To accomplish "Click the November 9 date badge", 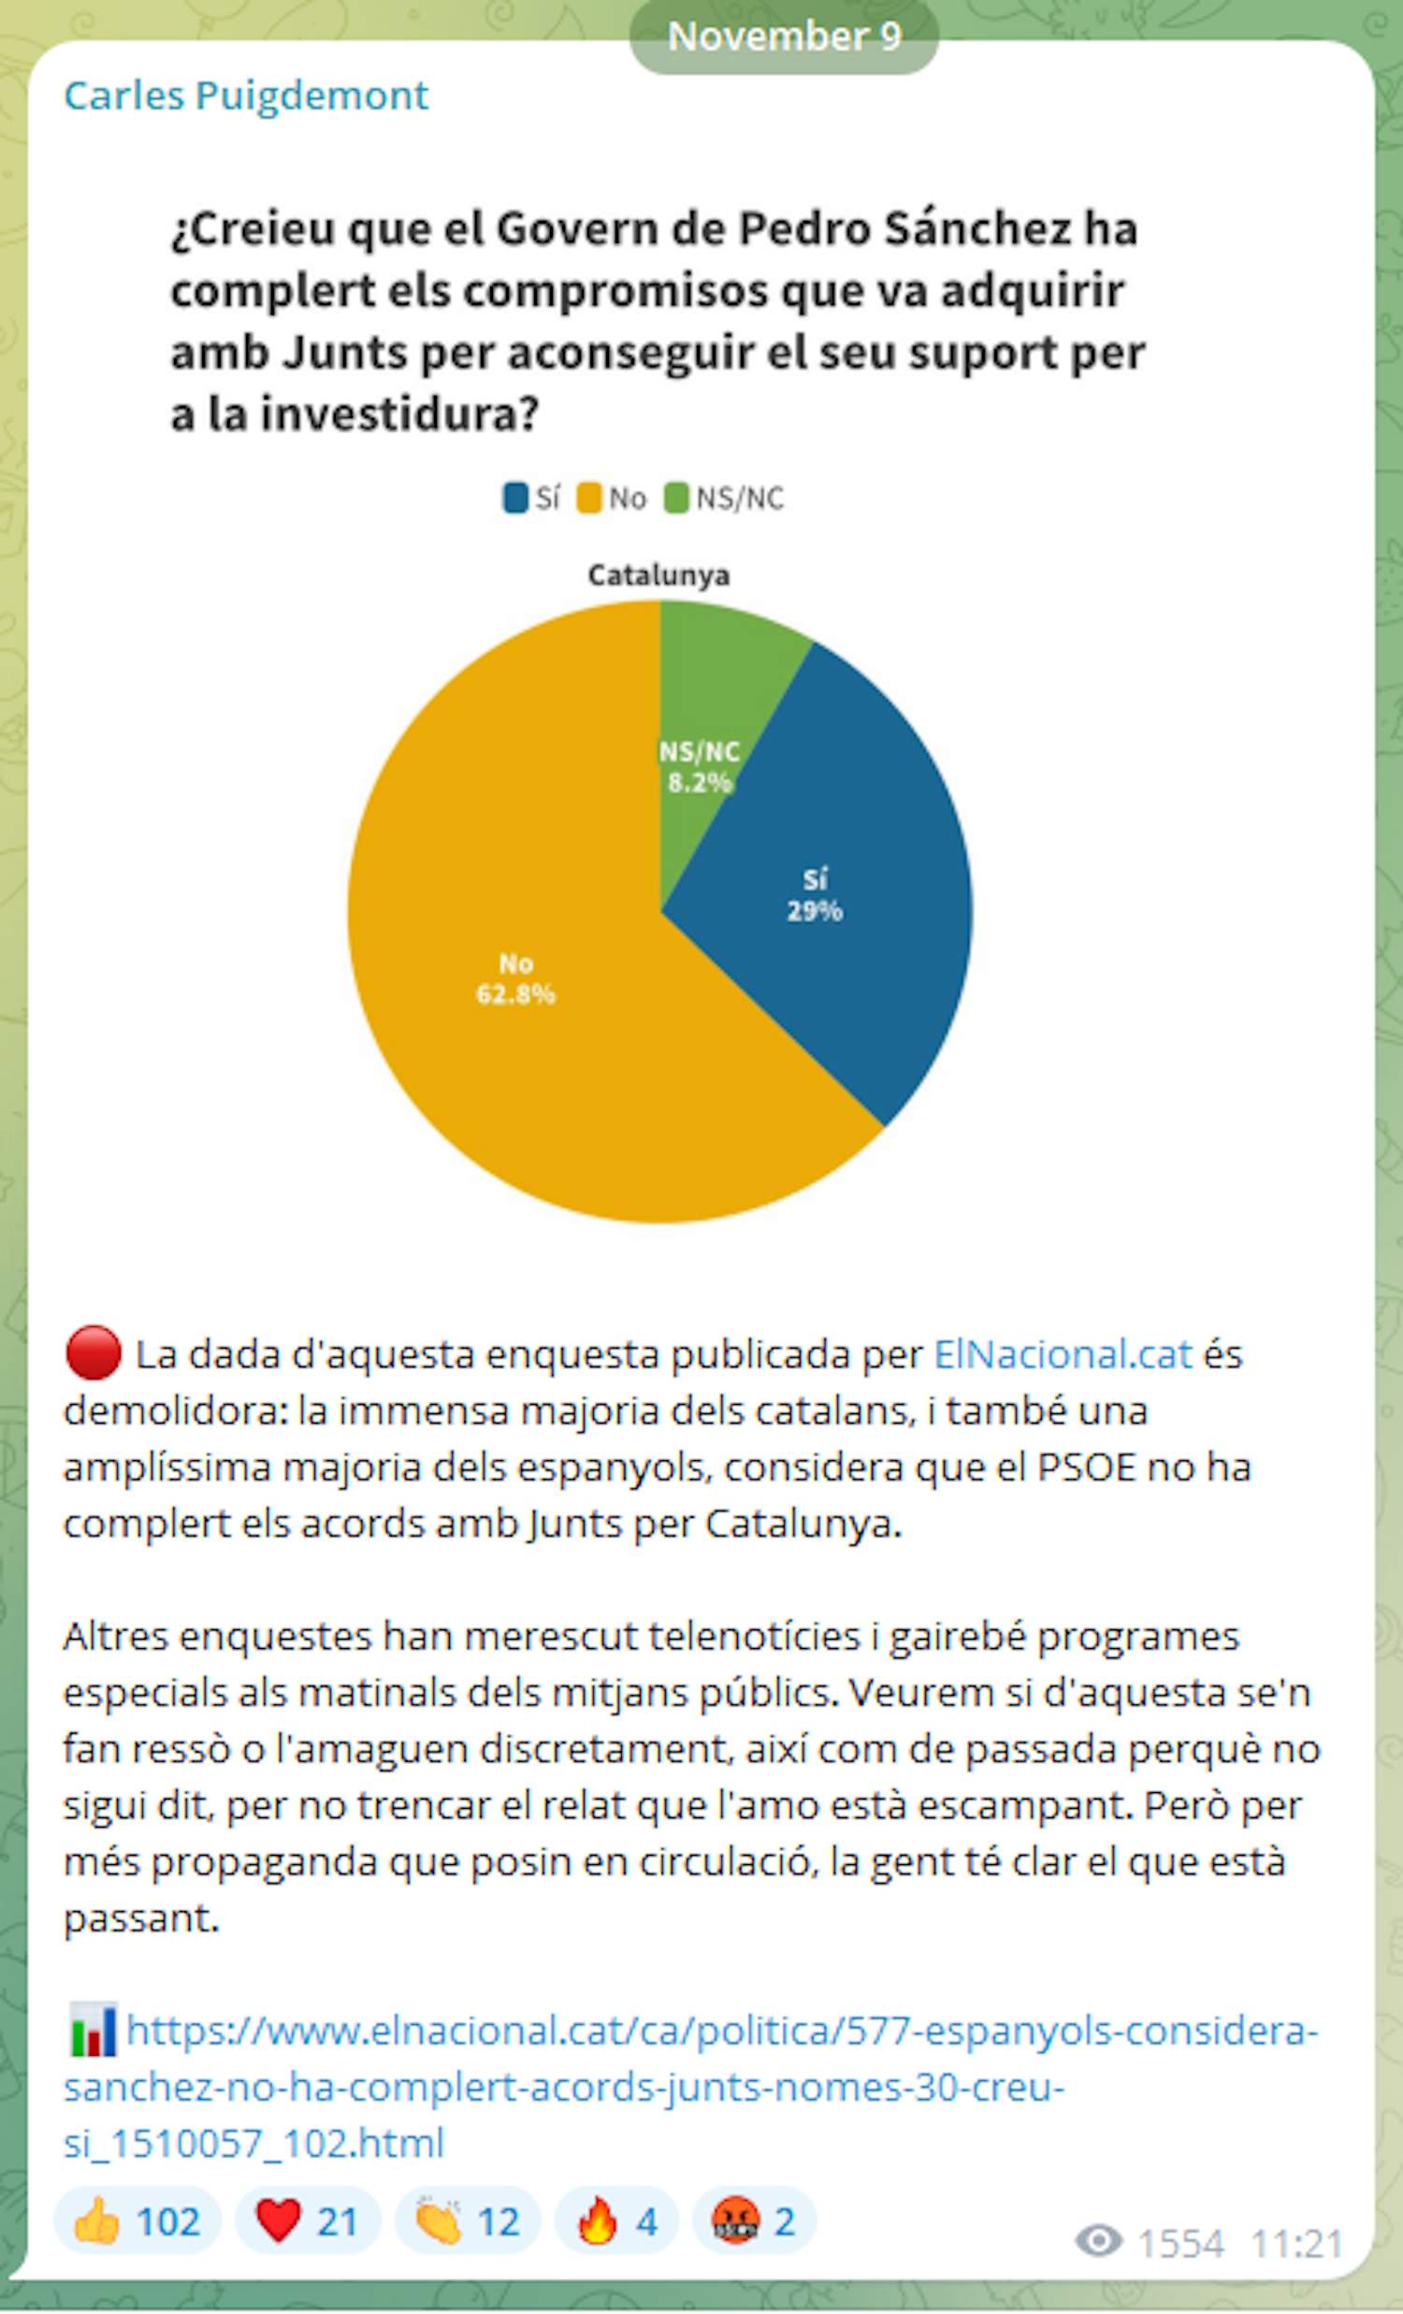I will click(783, 36).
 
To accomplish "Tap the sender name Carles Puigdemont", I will click(245, 94).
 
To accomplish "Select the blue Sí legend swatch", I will click(515, 498).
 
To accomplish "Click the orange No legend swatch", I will click(589, 498).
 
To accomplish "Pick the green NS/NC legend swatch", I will click(676, 498).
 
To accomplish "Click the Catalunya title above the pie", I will click(658, 574).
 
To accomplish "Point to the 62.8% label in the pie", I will click(515, 993).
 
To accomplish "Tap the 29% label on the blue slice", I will click(814, 911).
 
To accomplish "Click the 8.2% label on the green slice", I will click(700, 781).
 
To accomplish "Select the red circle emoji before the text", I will click(93, 1353).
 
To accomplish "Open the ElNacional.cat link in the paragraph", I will click(1063, 1354).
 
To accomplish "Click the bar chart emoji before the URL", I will click(93, 2030).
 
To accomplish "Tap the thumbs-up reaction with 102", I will click(137, 2222).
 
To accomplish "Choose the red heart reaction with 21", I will click(307, 2222).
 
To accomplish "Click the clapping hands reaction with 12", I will click(468, 2222).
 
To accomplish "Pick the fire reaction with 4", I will click(616, 2222).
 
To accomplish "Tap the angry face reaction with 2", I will click(754, 2222).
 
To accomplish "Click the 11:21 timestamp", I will click(1296, 2244).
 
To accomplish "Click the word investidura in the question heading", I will click(399, 413).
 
